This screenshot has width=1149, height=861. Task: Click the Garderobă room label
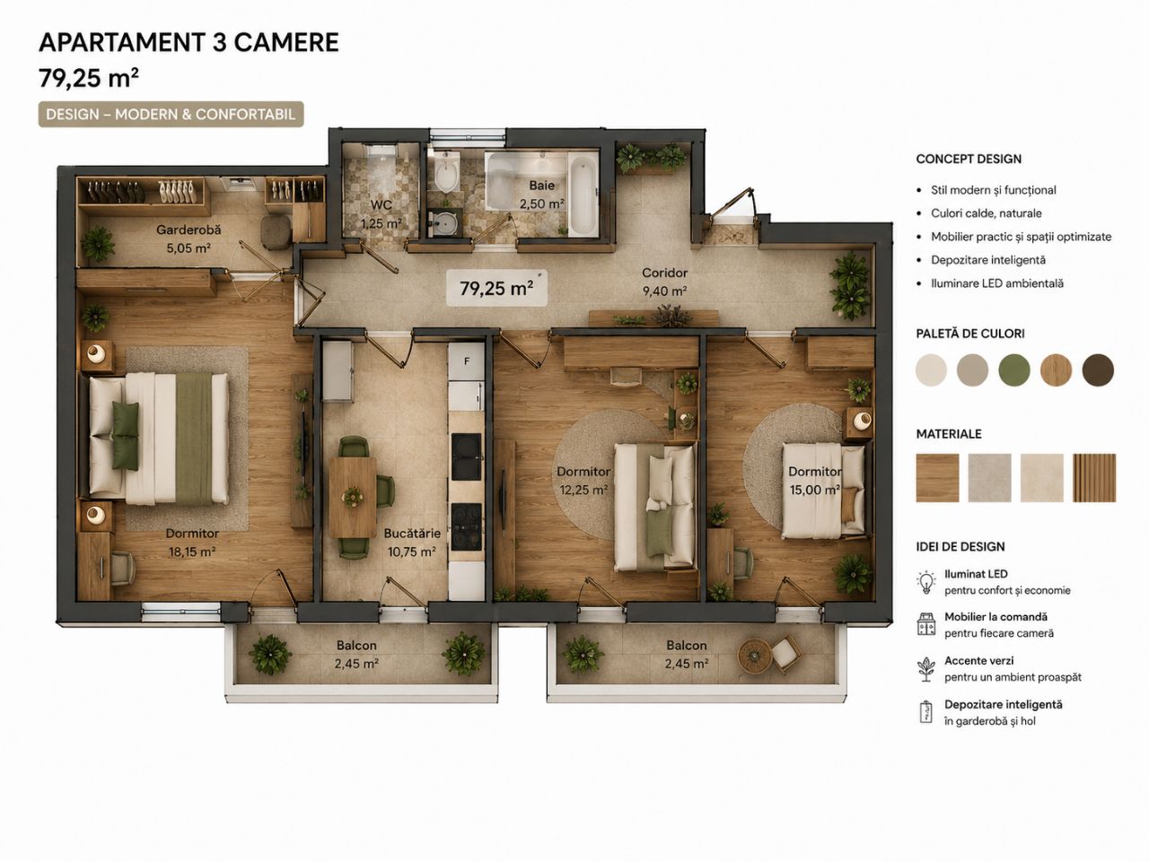point(189,230)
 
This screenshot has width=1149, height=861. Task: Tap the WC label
point(381,204)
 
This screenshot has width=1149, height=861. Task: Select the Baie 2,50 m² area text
point(542,195)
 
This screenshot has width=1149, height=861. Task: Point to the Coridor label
point(664,273)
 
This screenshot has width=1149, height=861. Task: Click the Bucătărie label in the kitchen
point(412,534)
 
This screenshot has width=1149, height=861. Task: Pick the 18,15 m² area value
point(192,552)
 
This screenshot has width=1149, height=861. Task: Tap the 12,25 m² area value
point(583,490)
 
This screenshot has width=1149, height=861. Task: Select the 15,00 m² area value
point(814,490)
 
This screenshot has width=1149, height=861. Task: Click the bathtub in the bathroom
point(583,197)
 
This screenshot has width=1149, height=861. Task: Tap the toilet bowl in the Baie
point(446,174)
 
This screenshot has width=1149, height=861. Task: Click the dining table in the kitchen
point(352,497)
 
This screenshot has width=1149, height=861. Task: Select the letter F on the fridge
point(467,361)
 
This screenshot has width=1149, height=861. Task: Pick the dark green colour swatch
point(1014,370)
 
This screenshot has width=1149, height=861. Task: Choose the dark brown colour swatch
point(1098,370)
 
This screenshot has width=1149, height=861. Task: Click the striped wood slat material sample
point(1094,478)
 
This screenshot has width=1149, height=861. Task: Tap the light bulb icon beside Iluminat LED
point(926,582)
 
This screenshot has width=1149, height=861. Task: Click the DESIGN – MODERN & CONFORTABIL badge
point(171,115)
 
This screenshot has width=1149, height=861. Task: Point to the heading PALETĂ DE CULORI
point(970,334)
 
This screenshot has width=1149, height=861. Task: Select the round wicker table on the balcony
point(753,656)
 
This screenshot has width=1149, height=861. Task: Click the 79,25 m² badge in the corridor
point(496,288)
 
